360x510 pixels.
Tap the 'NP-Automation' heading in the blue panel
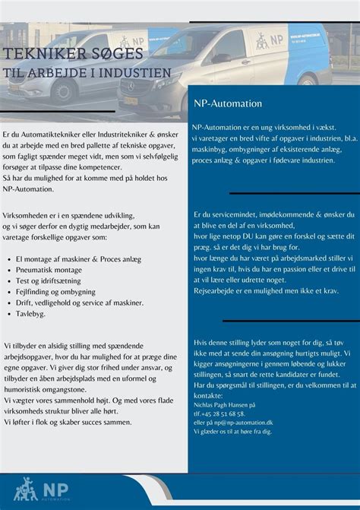[228, 103]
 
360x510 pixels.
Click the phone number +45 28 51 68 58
[226, 414]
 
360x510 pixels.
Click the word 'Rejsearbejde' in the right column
[218, 290]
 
